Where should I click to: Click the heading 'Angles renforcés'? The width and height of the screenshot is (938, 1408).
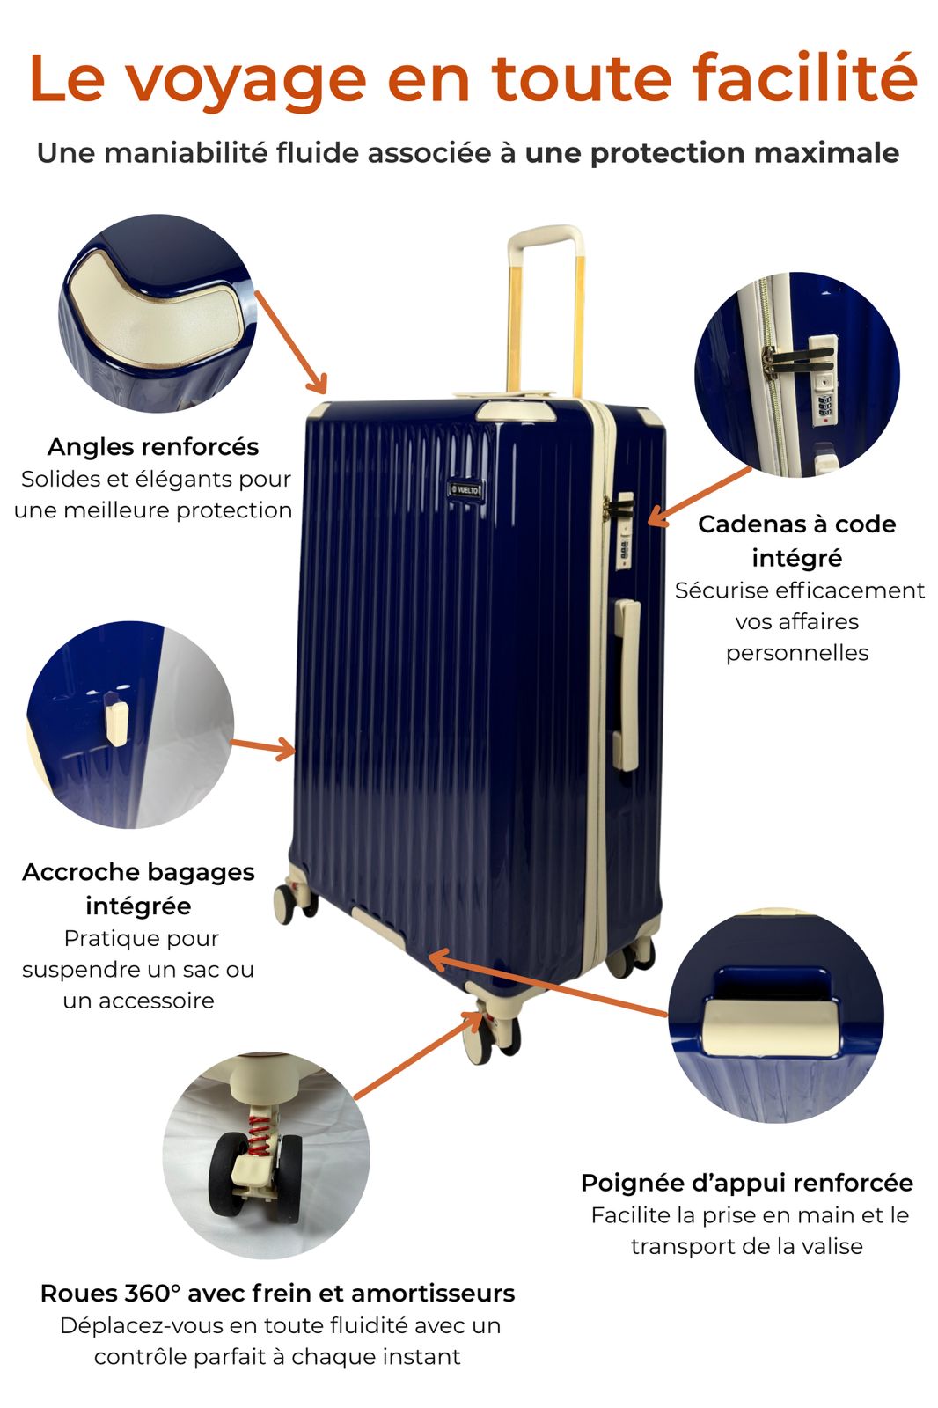point(153,447)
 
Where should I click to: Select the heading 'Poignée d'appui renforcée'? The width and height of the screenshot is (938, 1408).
point(747,1183)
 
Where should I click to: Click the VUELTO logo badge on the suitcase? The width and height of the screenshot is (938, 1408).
point(465,489)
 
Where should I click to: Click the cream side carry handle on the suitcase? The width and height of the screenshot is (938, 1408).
point(627,685)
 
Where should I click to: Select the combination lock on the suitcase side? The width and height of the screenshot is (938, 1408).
point(624,532)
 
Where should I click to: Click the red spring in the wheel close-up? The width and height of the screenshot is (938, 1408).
point(258,1136)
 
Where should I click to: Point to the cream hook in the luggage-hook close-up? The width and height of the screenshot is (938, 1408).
point(116,722)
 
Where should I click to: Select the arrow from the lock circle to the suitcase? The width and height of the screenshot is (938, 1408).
point(699,496)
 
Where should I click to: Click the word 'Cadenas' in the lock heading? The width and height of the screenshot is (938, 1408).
point(751,524)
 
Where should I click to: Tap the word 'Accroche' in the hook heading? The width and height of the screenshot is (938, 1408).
point(80,872)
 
